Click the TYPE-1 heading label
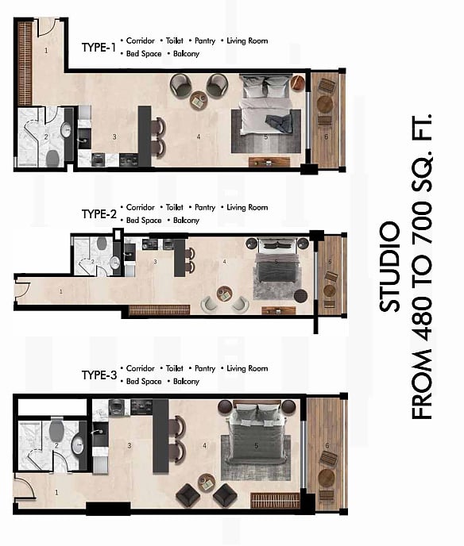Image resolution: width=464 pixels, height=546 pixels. pos(99,48)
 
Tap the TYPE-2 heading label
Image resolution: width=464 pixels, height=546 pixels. pos(99,213)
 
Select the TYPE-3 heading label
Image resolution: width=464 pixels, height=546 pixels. pos(99,375)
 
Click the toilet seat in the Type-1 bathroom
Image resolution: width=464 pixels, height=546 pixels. pos(52,158)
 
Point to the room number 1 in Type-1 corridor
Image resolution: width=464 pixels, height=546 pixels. pos(46,51)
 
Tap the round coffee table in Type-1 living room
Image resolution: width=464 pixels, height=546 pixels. pos(199,100)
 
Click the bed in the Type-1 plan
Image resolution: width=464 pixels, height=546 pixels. pos(266,105)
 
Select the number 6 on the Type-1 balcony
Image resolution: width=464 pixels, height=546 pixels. pos(327,136)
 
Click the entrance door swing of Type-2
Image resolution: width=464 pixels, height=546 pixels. pos(21,290)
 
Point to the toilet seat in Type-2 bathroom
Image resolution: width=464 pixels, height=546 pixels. pos(102,243)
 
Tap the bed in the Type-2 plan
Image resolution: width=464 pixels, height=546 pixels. pos(277,262)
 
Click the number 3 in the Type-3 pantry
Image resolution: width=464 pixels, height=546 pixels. pos(130,445)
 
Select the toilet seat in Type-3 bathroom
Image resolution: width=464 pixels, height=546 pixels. pos(56,430)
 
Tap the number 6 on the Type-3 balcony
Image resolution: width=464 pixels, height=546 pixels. pos(327,445)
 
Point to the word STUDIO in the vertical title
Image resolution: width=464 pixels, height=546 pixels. pos(390,267)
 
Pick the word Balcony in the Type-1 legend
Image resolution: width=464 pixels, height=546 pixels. pos(186,54)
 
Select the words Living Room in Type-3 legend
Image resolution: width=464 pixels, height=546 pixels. pos(247,368)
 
